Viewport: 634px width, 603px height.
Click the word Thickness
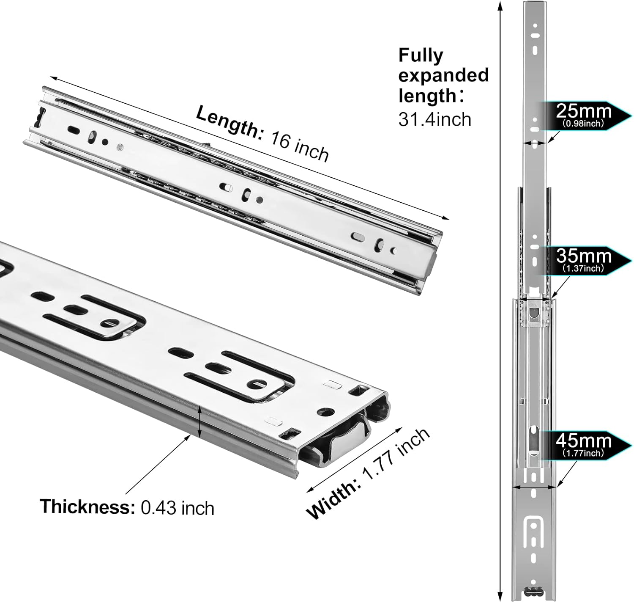(87, 506)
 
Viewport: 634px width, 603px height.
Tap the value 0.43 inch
(178, 507)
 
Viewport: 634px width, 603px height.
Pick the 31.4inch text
(435, 119)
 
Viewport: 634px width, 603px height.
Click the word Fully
(421, 55)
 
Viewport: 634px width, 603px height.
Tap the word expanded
(443, 75)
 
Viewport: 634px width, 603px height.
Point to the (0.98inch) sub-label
(583, 124)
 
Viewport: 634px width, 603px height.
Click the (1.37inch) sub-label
(583, 268)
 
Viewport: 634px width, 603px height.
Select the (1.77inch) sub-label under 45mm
(583, 453)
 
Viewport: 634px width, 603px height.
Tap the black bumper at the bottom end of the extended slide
(534, 591)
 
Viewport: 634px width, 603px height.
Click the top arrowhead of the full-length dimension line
(500, 5)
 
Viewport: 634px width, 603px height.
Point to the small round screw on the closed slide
(120, 148)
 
